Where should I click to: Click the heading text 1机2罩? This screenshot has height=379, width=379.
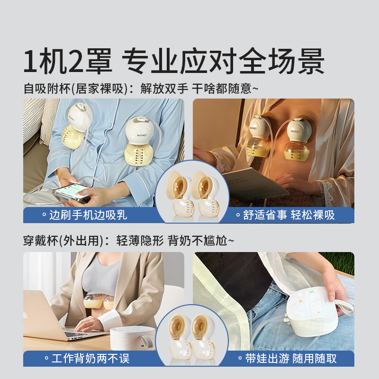point(68,62)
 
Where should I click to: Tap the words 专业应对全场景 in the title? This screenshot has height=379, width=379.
point(223,62)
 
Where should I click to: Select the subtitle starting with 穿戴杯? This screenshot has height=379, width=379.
point(128,241)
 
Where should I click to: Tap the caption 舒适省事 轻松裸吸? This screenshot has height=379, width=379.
point(285,215)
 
